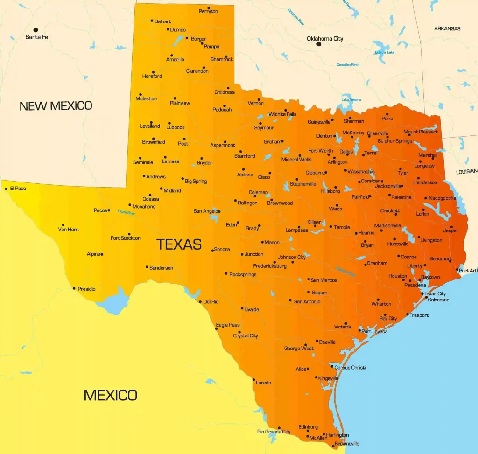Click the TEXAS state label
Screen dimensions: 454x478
pos(179,244)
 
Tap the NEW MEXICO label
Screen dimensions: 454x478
pos(56,106)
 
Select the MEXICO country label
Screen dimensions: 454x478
pos(110,395)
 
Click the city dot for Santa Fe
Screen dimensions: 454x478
pos(35,30)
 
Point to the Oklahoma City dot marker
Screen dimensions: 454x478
pos(319,44)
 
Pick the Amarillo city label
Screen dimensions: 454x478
pos(175,60)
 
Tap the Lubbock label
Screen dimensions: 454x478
pos(176,127)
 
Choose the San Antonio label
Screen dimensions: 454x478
pos(307,301)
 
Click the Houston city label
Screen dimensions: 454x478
pos(398,276)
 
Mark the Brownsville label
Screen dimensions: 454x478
pos(347,444)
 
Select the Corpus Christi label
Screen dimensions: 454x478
pos(350,368)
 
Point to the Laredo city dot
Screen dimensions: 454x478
pos(253,380)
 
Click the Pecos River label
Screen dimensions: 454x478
pos(126,212)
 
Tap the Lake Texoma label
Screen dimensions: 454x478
pos(351,99)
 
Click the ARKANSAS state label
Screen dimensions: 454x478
pos(447,28)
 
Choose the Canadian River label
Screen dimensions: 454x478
pos(348,64)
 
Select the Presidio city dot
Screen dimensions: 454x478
pos(74,288)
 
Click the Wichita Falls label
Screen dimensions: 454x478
pos(282,114)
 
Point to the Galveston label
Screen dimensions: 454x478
pos(438,300)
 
